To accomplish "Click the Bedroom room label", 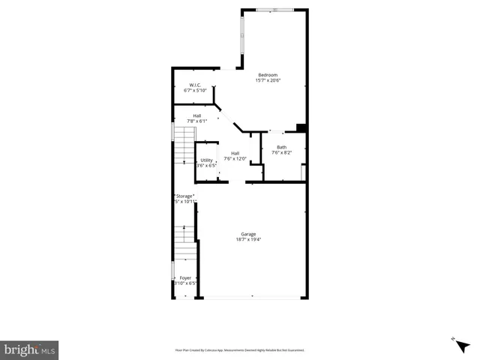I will click(x=268, y=75).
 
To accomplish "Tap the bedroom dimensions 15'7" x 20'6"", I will click(x=268, y=81).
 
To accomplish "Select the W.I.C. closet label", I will click(x=194, y=85).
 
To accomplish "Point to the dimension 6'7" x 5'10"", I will click(x=194, y=91).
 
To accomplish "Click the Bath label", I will click(x=281, y=147).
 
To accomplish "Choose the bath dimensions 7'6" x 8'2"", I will click(x=281, y=153).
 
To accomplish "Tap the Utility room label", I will click(x=205, y=160).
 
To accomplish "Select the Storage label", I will click(x=184, y=196).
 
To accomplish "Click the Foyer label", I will click(x=184, y=277).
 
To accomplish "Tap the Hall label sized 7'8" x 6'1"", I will click(x=196, y=115).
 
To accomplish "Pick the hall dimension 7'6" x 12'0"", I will click(x=235, y=159).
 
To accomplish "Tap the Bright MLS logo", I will click(x=29, y=349).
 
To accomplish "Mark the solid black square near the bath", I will click(x=301, y=127).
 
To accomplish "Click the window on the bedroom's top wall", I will click(x=283, y=10).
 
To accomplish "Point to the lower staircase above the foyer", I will click(x=184, y=242).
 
